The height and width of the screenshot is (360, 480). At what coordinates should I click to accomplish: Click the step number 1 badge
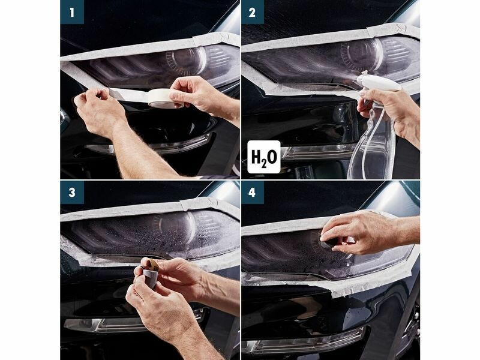pyautogui.click(x=72, y=12)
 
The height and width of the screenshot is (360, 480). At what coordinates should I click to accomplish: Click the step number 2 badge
pyautogui.click(x=252, y=12)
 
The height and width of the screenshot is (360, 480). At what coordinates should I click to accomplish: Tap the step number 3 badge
pyautogui.click(x=72, y=193)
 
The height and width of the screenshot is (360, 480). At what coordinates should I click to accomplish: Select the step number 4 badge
pyautogui.click(x=252, y=193)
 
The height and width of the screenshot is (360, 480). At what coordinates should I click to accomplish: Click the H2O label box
pyautogui.click(x=264, y=157)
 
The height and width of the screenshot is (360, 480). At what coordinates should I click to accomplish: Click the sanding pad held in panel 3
pyautogui.click(x=149, y=274)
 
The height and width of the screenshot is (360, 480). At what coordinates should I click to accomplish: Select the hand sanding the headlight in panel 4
pyautogui.click(x=364, y=232)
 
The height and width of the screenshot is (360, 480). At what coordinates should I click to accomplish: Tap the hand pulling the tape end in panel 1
pyautogui.click(x=98, y=110)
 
